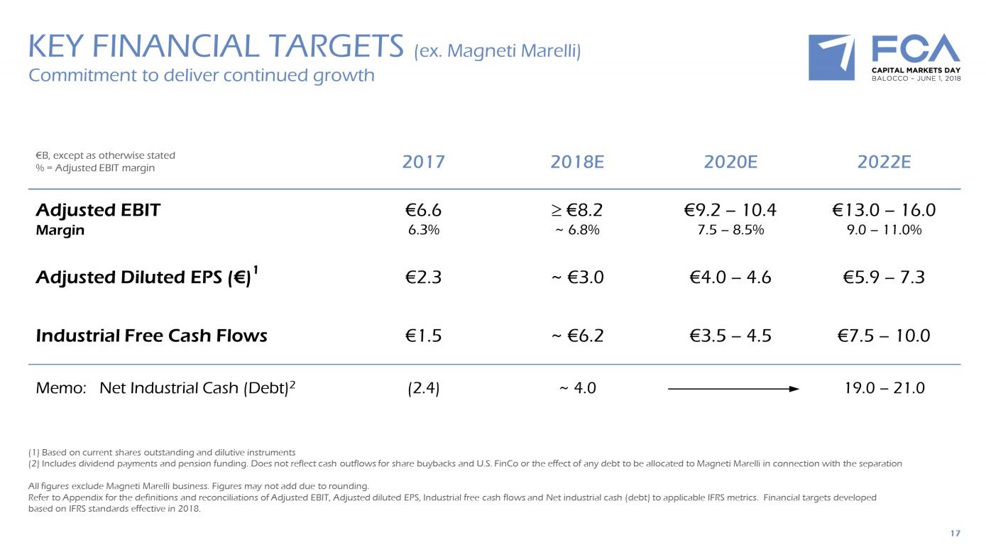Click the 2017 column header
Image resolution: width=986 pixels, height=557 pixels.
(x=423, y=162)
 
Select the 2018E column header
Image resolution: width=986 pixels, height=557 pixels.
(x=576, y=162)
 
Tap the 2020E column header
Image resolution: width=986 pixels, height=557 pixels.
(x=730, y=162)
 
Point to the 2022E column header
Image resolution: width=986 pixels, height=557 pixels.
(x=884, y=162)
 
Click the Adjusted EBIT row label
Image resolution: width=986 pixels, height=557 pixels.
(x=98, y=210)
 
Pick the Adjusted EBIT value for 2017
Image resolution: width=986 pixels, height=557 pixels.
(x=423, y=210)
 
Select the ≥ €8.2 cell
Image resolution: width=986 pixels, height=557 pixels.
(x=576, y=210)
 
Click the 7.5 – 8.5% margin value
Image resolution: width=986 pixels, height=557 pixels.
(x=730, y=230)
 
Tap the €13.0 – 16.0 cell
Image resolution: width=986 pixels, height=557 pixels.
(x=884, y=210)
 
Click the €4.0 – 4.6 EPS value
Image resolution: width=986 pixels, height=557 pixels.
(x=730, y=277)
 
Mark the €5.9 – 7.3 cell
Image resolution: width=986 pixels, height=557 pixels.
(x=884, y=277)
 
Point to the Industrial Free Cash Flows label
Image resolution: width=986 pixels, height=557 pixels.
(x=151, y=336)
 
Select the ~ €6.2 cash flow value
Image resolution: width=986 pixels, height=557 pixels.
(x=576, y=336)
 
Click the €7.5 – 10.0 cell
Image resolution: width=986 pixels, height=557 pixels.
(x=884, y=336)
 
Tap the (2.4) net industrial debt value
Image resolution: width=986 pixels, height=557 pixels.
(x=423, y=388)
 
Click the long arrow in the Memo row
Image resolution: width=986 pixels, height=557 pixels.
(x=733, y=389)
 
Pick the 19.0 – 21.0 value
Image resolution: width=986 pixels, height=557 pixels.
(x=884, y=388)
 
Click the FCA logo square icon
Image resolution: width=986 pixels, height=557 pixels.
(x=831, y=57)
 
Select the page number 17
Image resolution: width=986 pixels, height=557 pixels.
(x=955, y=533)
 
